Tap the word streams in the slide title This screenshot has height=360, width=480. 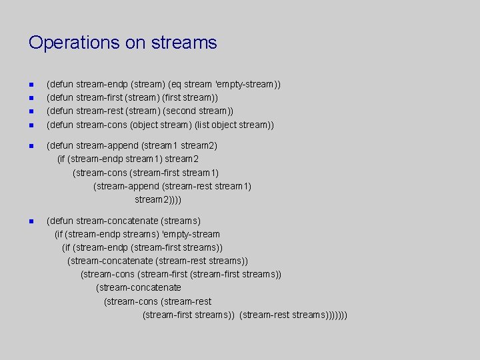(x=183, y=43)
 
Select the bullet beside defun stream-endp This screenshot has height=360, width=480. (x=31, y=85)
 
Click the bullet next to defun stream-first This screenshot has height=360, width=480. (x=31, y=98)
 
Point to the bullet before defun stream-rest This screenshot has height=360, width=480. (x=31, y=111)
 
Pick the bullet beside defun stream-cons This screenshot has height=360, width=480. (x=31, y=125)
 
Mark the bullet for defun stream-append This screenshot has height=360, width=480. (x=31, y=145)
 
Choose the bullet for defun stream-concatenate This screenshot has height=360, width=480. (x=31, y=221)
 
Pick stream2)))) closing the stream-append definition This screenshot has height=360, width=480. (x=158, y=199)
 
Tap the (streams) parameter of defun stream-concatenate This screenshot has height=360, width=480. (x=179, y=221)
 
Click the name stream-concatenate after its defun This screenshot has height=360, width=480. (x=116, y=221)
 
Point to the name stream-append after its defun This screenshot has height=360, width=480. (x=104, y=145)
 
